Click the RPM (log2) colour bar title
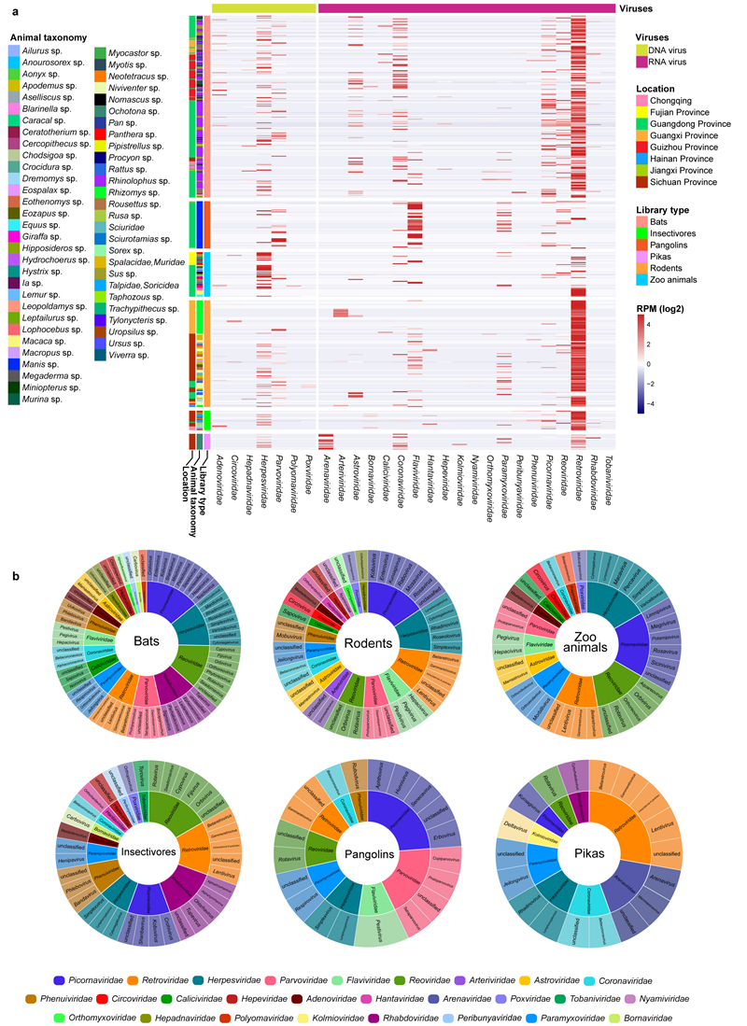664,305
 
